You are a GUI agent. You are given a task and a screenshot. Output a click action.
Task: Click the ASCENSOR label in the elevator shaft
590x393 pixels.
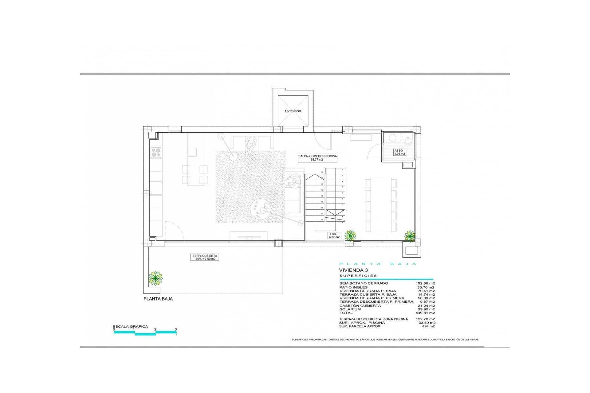[x=293, y=111]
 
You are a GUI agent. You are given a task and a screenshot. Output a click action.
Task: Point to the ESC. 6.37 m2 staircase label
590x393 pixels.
[x=334, y=235]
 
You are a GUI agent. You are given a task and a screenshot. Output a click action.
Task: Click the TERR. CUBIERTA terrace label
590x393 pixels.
[x=205, y=257]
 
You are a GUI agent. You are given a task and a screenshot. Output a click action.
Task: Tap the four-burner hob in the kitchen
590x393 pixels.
[x=156, y=153]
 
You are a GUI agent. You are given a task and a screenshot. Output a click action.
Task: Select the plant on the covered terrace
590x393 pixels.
[x=155, y=278]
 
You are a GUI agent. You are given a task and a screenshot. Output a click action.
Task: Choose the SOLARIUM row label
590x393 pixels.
[x=350, y=309]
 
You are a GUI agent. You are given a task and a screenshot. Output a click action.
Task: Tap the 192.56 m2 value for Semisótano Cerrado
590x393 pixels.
[x=425, y=283]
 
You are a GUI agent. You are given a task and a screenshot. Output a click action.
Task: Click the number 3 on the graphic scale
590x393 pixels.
[x=176, y=329]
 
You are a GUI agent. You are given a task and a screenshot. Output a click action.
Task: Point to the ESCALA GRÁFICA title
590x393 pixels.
[x=130, y=326]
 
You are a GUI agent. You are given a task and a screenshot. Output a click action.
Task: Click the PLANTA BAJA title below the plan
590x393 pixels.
[x=158, y=299]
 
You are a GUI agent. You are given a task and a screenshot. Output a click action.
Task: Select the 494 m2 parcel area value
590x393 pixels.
[x=428, y=326]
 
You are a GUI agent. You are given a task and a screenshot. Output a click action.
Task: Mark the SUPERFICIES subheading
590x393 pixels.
[x=358, y=276]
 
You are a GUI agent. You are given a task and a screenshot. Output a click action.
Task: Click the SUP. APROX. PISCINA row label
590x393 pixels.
[x=362, y=323]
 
